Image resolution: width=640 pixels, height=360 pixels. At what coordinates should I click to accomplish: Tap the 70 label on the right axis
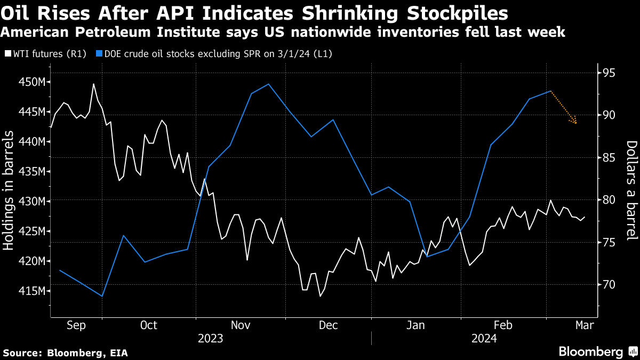click(x=605, y=285)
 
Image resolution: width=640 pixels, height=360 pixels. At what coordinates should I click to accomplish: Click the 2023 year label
click(x=211, y=339)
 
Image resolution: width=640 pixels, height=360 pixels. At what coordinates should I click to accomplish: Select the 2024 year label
click(x=484, y=339)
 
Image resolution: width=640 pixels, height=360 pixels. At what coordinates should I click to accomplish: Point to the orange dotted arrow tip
click(x=577, y=123)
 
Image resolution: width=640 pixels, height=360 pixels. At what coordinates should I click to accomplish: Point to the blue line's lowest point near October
click(x=102, y=296)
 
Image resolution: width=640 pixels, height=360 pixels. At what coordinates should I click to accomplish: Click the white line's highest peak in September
click(x=94, y=84)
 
